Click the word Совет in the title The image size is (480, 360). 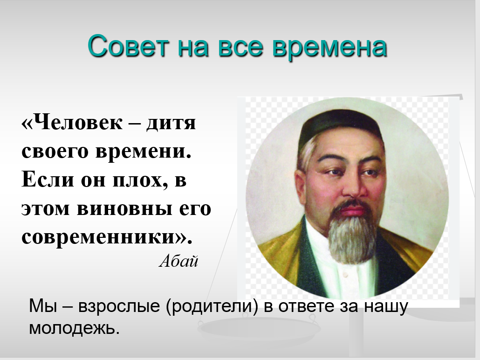coord(128,46)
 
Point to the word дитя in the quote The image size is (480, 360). coord(171,123)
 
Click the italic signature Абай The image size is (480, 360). coord(178,261)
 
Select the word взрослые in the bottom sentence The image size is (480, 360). coord(119,306)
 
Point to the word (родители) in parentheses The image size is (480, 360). coord(212,306)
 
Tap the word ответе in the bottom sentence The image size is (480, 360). coord(306,306)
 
